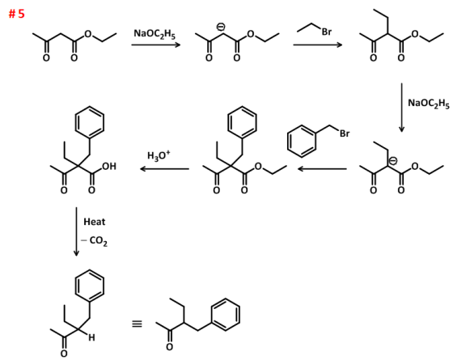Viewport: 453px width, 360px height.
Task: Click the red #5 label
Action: point(17,14)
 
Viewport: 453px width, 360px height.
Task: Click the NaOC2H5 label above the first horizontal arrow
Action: point(155,34)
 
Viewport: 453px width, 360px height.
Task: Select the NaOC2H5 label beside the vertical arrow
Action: point(429,104)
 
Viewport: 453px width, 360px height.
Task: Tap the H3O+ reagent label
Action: point(159,155)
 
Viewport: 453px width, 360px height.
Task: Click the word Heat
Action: point(94,222)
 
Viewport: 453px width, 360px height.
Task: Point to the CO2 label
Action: point(98,241)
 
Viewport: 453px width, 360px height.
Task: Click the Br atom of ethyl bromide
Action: point(327,32)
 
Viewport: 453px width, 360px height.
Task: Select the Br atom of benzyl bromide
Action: point(345,133)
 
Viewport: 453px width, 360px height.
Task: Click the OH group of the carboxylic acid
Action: point(109,167)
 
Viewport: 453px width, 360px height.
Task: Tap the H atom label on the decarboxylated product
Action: point(91,337)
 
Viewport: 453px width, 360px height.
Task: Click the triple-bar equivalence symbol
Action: point(137,324)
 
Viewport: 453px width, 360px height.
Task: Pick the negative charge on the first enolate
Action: point(221,28)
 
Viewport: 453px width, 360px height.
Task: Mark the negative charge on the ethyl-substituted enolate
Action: point(393,161)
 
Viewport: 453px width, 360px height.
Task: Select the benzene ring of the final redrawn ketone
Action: point(226,315)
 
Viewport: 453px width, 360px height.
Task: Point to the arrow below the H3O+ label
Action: point(165,169)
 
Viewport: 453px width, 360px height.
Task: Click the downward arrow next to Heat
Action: point(76,231)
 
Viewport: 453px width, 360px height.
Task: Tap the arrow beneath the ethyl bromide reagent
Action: point(317,44)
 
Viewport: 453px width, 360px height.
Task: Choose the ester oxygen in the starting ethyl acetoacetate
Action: point(88,34)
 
